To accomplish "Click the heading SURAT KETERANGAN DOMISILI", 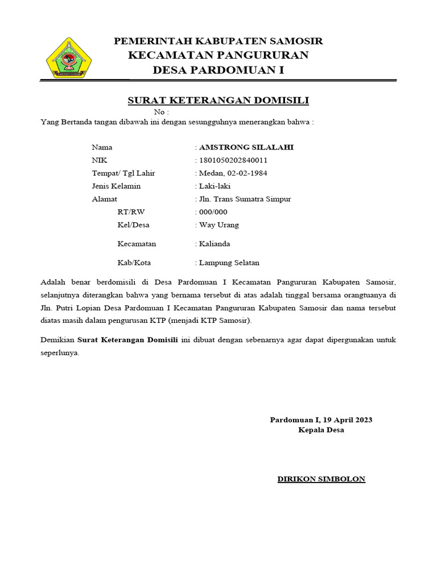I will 218,101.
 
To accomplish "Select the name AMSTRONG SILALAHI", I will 246,147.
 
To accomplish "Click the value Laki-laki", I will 215,186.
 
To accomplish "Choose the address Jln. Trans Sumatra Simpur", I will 245,199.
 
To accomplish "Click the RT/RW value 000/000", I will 213,212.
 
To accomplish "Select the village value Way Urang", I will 219,225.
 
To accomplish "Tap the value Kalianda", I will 215,244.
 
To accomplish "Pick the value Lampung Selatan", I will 229,263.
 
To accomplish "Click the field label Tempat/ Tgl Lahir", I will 123,173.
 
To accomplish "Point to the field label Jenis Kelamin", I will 116,186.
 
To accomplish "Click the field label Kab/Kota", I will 134,263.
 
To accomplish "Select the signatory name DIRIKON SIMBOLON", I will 321,479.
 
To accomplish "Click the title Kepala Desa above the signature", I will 321,430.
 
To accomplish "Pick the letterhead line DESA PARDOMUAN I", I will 218,70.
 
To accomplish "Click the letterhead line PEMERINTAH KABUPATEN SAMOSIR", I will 218,41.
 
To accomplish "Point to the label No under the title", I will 161,112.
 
